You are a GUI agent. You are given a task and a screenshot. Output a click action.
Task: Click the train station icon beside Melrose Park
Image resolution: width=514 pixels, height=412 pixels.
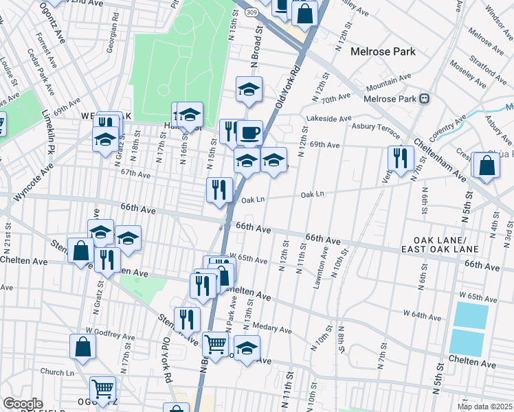coord(425,98)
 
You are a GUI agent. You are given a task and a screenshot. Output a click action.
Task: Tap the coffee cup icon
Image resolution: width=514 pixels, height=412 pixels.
coord(249,132)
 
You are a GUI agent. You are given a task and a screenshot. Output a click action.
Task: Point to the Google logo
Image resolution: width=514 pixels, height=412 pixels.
coord(23,403)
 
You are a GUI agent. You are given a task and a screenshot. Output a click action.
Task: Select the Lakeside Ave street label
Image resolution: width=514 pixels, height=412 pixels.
coord(331,119)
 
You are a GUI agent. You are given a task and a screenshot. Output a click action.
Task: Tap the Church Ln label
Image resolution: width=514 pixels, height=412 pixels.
coord(57,372)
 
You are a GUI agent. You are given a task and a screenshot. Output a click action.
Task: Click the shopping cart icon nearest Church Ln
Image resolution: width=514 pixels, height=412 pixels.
coord(102,389)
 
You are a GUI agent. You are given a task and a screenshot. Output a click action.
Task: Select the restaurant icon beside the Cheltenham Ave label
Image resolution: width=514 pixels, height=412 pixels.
coord(400,158)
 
